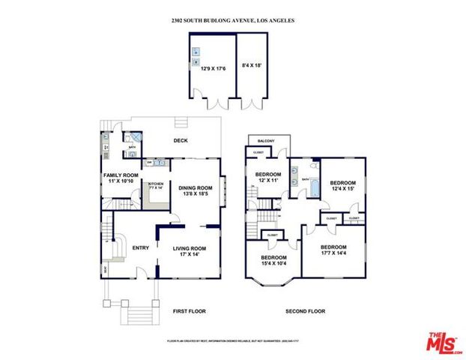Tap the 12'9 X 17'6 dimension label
click(x=210, y=68)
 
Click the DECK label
click(x=181, y=141)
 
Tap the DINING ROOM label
click(x=195, y=190)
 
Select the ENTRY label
click(x=140, y=247)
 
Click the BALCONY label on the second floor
click(x=265, y=141)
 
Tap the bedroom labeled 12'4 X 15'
click(x=342, y=184)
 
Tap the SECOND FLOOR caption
click(x=304, y=311)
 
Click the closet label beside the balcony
click(x=258, y=153)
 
